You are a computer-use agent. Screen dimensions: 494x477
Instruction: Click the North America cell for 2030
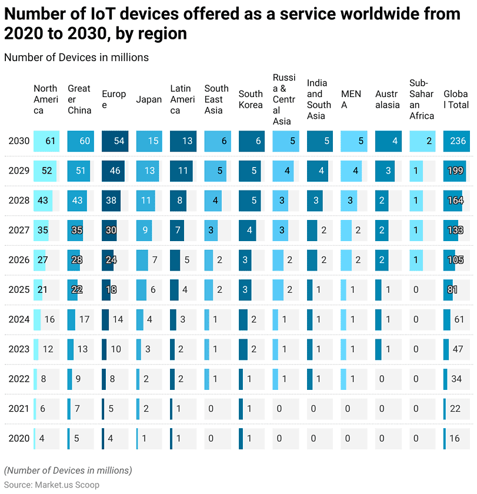coord(46,141)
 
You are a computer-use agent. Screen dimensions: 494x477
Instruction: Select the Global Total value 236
coord(457,141)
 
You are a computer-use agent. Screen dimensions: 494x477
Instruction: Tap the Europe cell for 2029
coord(115,171)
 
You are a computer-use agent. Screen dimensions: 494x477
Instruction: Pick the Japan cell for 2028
coord(149,201)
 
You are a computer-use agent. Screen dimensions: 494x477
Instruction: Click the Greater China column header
coord(79,99)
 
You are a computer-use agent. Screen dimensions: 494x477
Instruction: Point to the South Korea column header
coord(251,99)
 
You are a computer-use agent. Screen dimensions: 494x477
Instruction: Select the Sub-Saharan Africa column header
coord(422,99)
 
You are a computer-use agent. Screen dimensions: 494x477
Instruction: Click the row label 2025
coord(19,289)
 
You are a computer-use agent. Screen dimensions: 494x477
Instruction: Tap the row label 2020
coord(19,438)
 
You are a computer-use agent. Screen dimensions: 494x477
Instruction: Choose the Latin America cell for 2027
coord(183,230)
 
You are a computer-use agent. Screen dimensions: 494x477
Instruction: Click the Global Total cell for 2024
coord(456,319)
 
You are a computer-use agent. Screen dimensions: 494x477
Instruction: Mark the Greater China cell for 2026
coord(81,260)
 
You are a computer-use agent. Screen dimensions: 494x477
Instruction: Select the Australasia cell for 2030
coord(388,141)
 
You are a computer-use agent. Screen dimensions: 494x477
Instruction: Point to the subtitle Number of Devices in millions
coord(76,57)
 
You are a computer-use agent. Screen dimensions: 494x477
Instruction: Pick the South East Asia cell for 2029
coord(217,171)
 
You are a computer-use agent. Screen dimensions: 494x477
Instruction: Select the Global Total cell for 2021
coord(456,408)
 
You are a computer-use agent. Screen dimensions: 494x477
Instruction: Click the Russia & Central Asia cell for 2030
coord(286,141)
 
